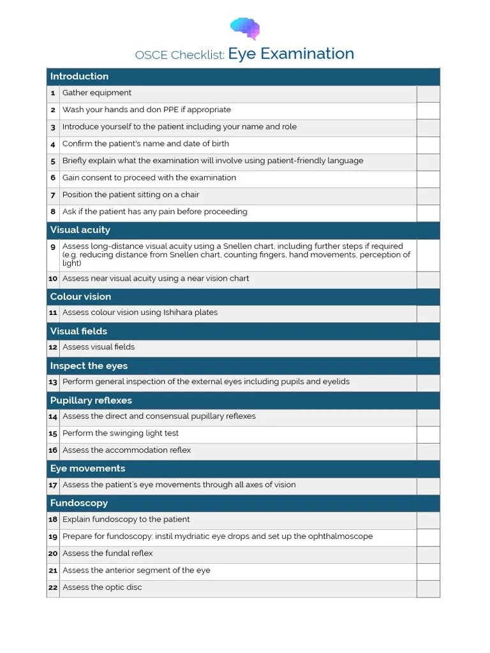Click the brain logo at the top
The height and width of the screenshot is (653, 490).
(x=245, y=28)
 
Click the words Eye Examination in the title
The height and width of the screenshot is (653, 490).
(x=291, y=54)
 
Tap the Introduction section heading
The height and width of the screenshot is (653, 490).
(x=79, y=77)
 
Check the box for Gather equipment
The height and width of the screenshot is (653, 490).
(x=427, y=94)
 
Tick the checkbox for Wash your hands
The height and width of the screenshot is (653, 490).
(x=427, y=110)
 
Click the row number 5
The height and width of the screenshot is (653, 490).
(x=53, y=161)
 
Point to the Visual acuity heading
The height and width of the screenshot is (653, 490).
(x=80, y=230)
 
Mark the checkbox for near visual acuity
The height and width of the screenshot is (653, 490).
(x=427, y=279)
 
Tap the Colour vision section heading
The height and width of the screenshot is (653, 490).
(x=80, y=297)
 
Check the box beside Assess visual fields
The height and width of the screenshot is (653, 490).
(x=427, y=348)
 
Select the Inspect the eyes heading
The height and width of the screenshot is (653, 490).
(x=89, y=366)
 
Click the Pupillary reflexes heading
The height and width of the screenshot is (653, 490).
(x=91, y=400)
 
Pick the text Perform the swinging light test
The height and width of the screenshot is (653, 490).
(x=121, y=434)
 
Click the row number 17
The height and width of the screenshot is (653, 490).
(x=53, y=485)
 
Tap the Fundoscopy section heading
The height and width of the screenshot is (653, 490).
(x=78, y=504)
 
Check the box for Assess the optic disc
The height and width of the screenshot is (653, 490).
(x=427, y=588)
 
